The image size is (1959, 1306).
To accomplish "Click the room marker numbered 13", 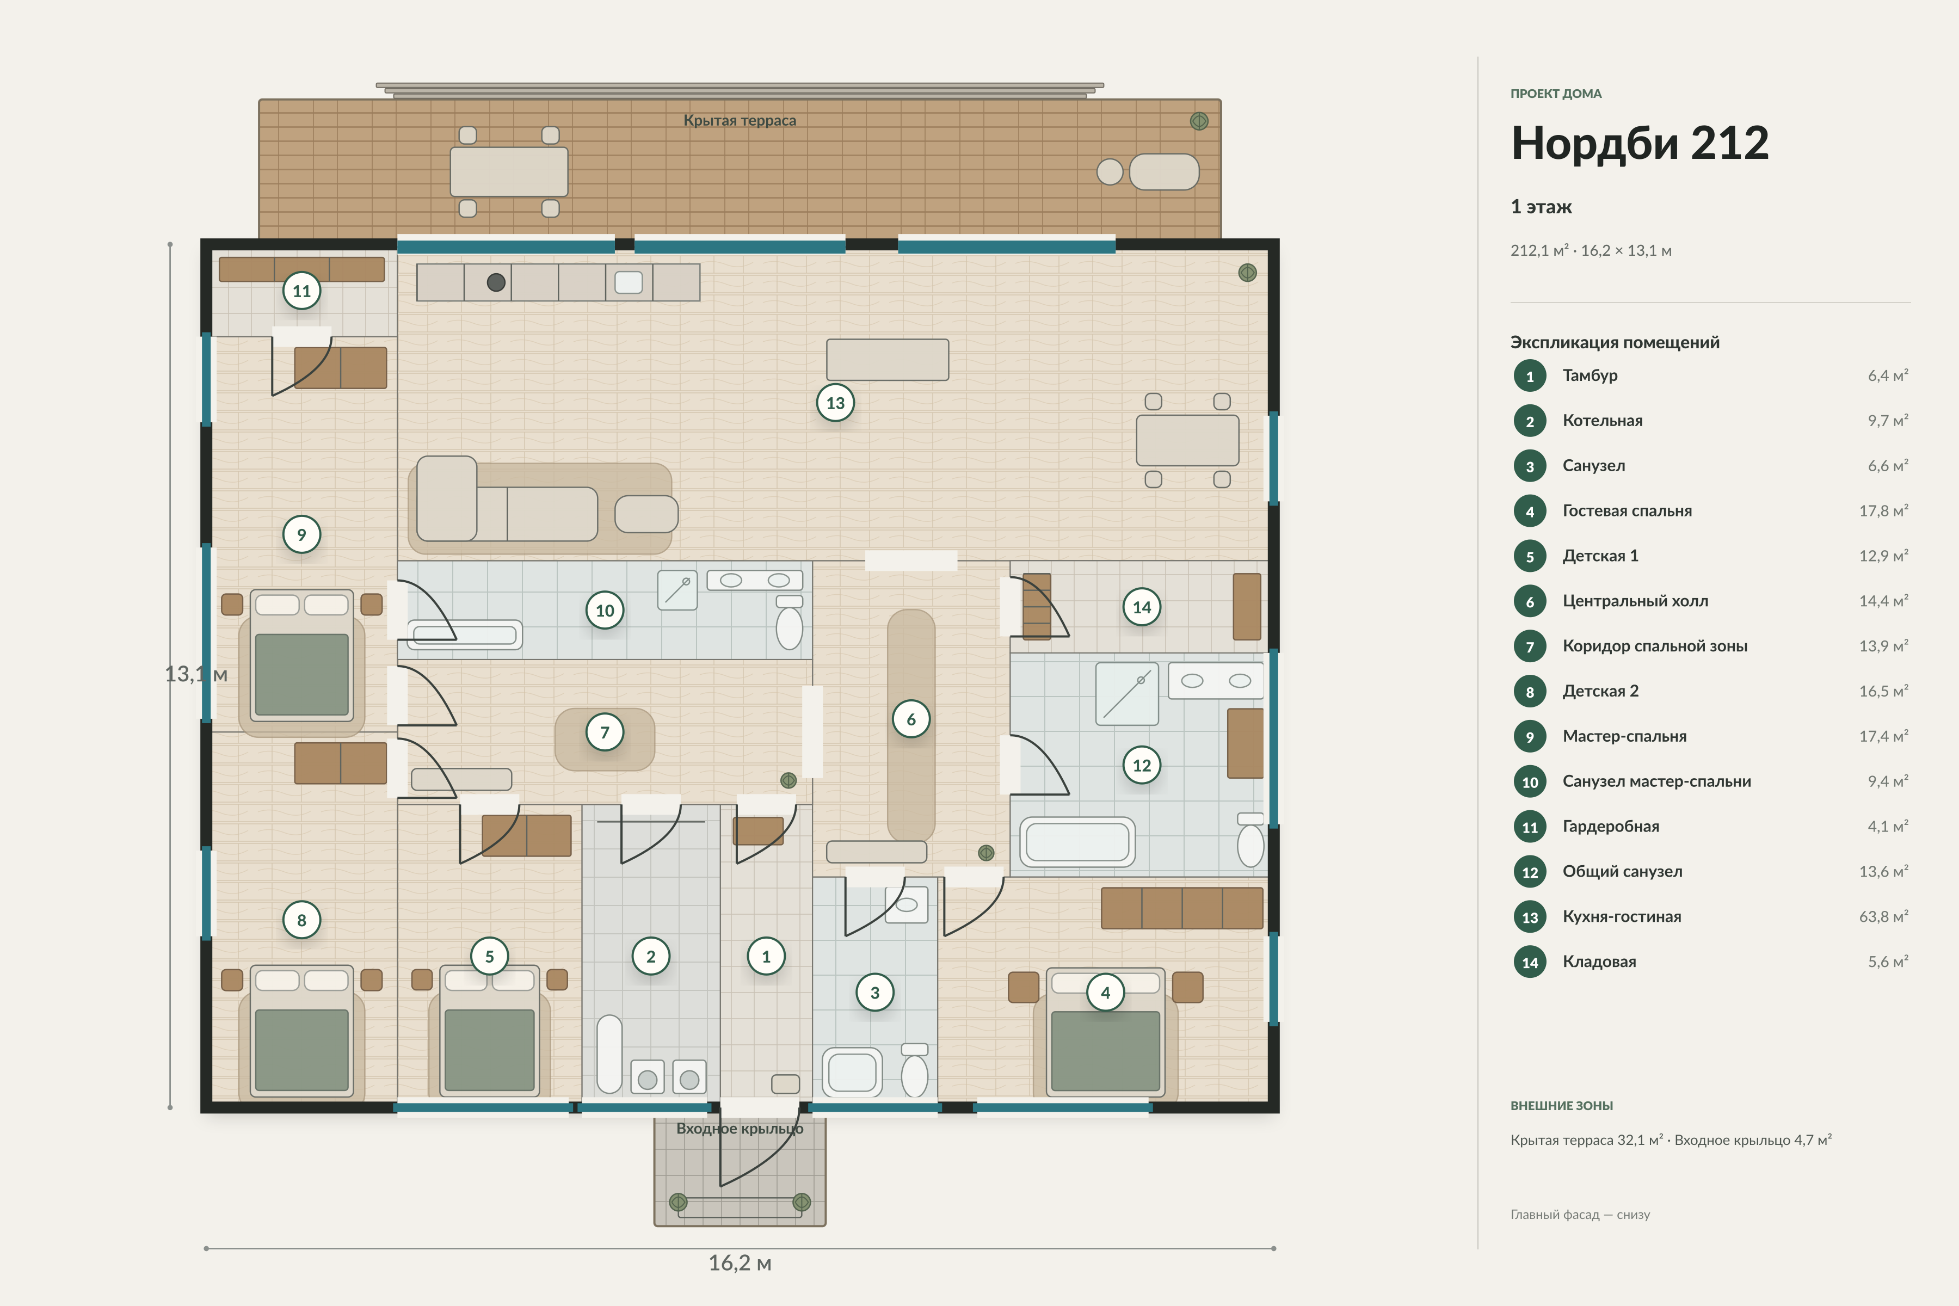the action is [835, 403].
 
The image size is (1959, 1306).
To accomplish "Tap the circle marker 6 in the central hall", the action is [911, 719].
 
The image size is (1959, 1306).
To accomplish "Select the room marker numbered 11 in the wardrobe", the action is [301, 291].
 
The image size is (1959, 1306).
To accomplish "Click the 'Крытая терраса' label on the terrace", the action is [740, 121].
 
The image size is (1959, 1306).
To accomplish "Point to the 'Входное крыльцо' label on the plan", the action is [740, 1129].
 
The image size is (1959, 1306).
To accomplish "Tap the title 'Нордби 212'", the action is [1639, 143].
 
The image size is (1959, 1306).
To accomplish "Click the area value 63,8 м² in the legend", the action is [1883, 916].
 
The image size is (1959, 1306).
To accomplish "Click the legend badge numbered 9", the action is [1530, 736].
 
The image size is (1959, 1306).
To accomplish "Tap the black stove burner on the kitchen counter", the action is [496, 282].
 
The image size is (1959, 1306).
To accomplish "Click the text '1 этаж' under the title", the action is [1541, 207].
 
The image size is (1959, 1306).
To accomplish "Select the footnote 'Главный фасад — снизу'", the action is [1580, 1215].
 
